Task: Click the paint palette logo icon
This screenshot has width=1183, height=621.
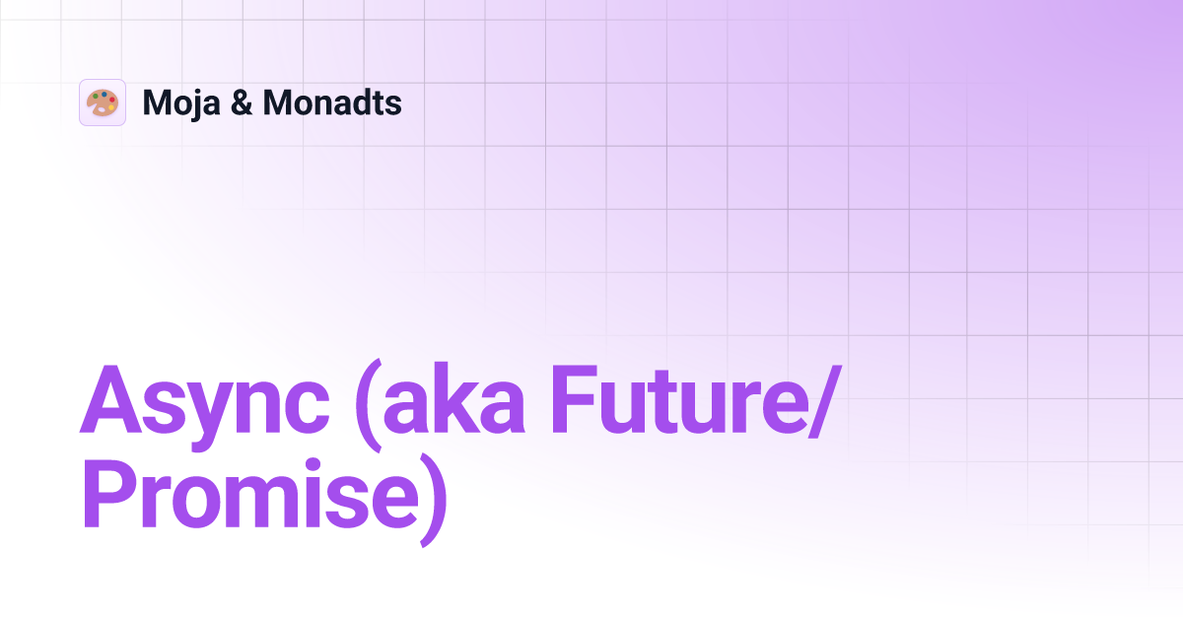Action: click(x=103, y=103)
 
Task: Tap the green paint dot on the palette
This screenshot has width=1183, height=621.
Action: click(x=96, y=96)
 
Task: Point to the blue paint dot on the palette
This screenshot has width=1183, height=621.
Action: click(x=104, y=94)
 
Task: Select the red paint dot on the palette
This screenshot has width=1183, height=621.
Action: click(x=112, y=100)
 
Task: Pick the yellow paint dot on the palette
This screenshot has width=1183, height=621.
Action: click(x=111, y=107)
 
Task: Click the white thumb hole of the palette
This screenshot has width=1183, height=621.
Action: click(x=102, y=109)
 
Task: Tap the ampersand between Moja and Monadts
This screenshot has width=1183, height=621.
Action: click(x=240, y=103)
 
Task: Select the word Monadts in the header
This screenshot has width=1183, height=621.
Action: click(x=331, y=103)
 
